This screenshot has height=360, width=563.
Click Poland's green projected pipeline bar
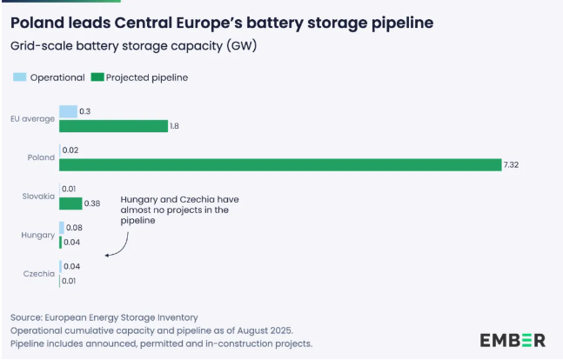[x=279, y=164]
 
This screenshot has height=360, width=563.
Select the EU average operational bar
[x=68, y=111]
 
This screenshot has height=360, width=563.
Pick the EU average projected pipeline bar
[x=113, y=126]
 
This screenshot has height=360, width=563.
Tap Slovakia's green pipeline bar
[x=70, y=203]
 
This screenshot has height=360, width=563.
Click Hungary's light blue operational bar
[x=61, y=228]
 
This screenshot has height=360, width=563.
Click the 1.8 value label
[x=175, y=126]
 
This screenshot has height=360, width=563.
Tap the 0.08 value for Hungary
[x=75, y=228]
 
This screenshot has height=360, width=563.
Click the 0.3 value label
[x=84, y=111]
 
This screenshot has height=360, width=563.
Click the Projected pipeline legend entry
[x=139, y=77]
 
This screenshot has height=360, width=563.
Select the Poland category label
[x=41, y=157]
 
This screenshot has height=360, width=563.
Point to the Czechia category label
[x=39, y=274]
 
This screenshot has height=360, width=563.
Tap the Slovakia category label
[x=39, y=197]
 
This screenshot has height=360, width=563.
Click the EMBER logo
[x=513, y=338]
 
